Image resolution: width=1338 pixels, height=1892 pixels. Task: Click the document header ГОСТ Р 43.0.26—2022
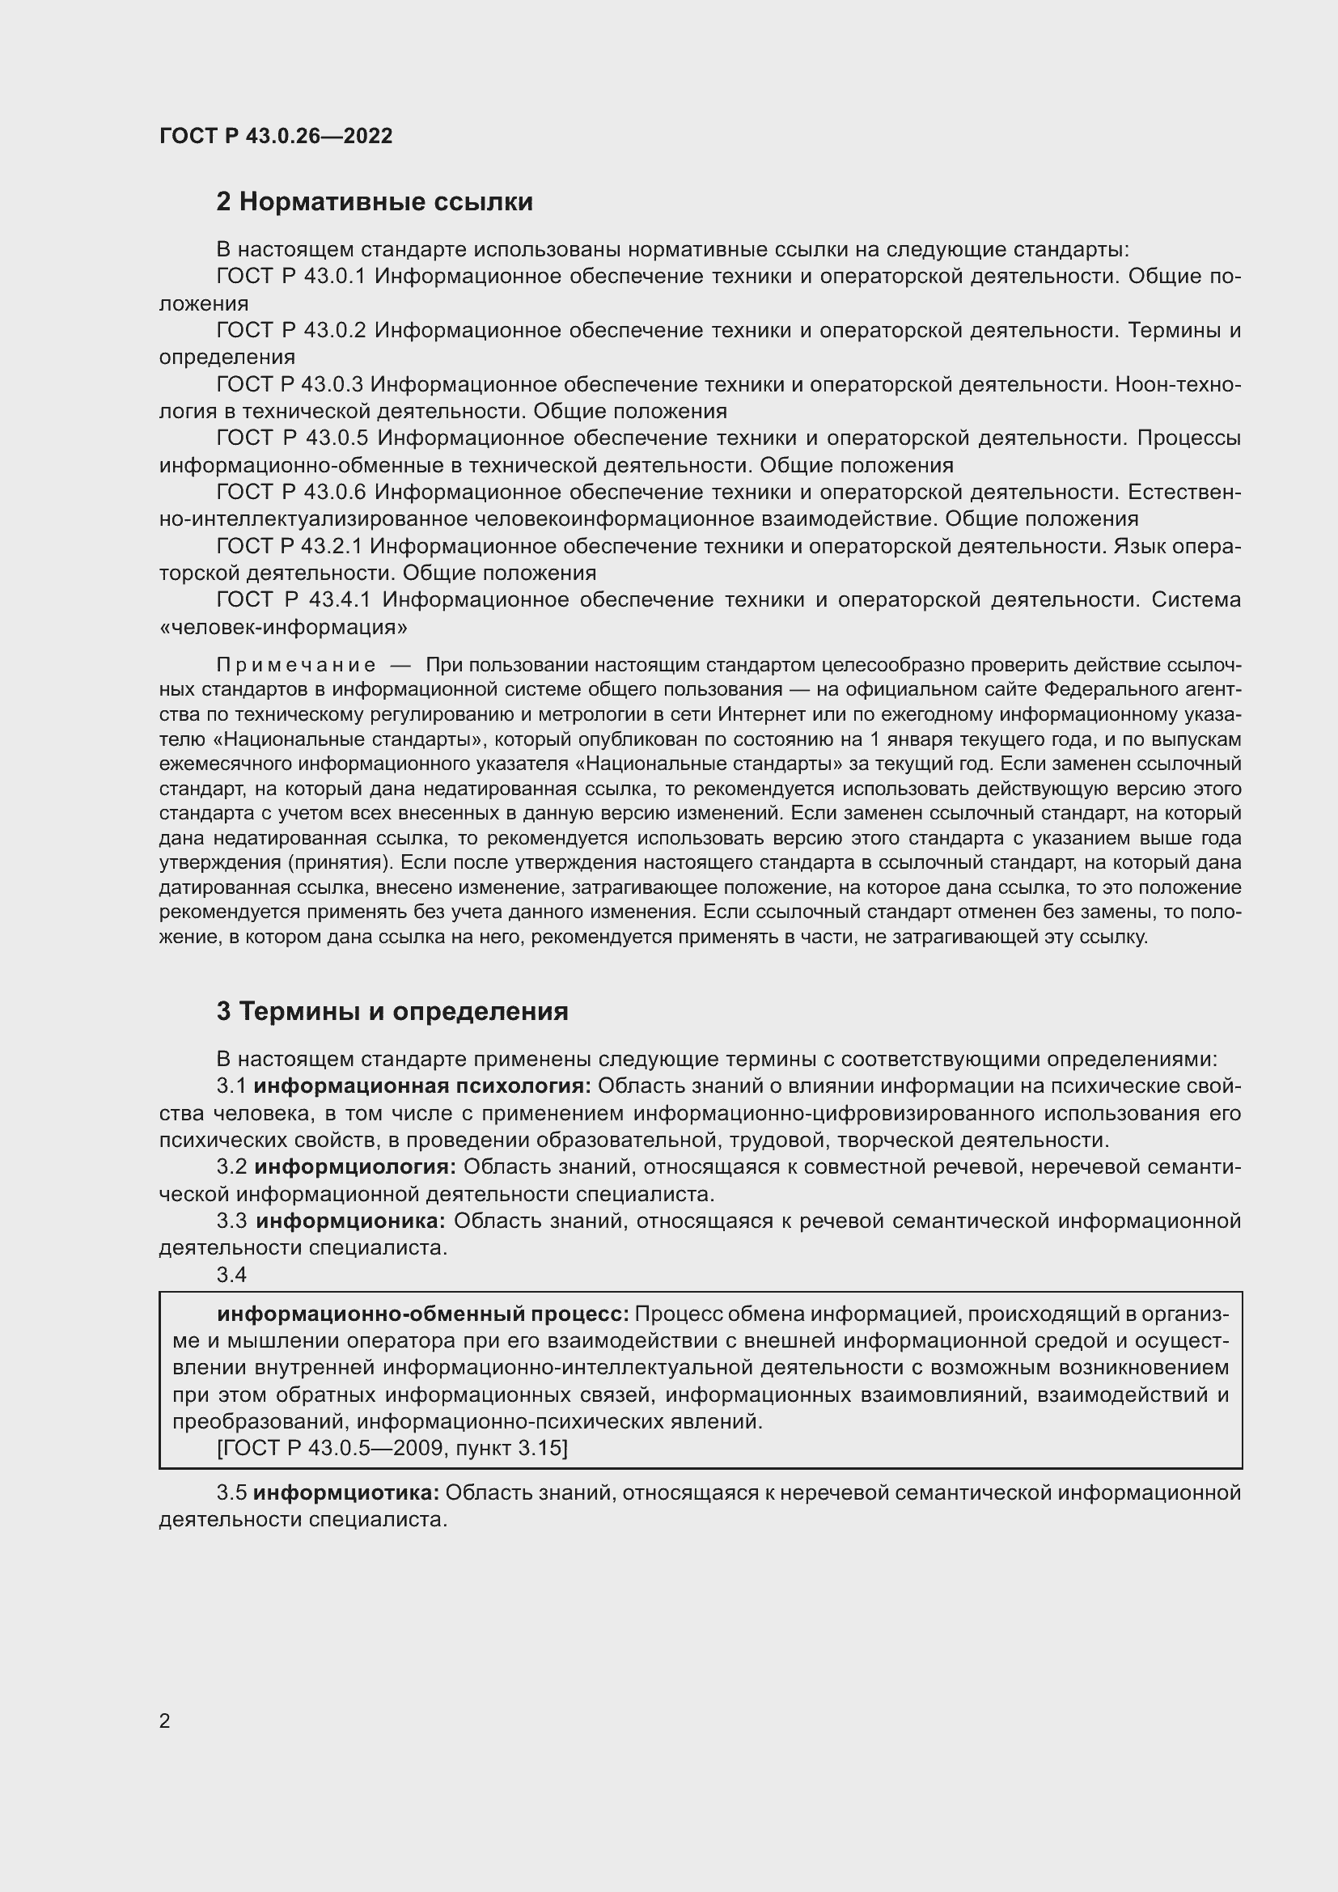tap(276, 136)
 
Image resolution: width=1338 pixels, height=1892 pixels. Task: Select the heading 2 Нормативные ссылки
tap(374, 202)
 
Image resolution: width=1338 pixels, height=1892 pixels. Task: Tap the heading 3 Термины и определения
tap(392, 1011)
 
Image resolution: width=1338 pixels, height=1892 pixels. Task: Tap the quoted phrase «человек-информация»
tap(282, 627)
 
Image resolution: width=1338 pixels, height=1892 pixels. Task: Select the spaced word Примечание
tap(296, 665)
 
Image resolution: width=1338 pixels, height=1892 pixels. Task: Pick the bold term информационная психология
tap(421, 1086)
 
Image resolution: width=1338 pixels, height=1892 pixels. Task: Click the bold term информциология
tap(355, 1167)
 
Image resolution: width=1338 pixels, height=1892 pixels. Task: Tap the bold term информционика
tap(350, 1221)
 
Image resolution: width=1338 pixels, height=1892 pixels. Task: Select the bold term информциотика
tap(346, 1492)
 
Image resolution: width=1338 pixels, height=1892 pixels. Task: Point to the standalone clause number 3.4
tap(231, 1275)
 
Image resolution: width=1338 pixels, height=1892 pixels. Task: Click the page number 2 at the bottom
tap(165, 1721)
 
